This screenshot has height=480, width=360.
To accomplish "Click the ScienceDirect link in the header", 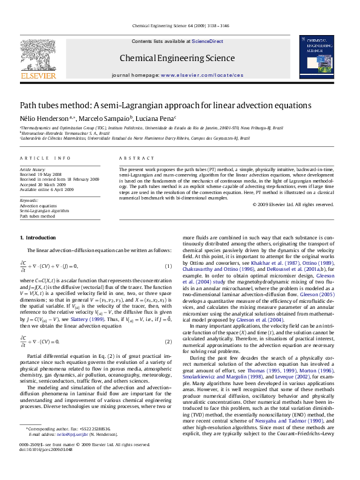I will [x=208, y=41].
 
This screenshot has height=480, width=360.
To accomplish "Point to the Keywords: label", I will [x=30, y=200].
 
